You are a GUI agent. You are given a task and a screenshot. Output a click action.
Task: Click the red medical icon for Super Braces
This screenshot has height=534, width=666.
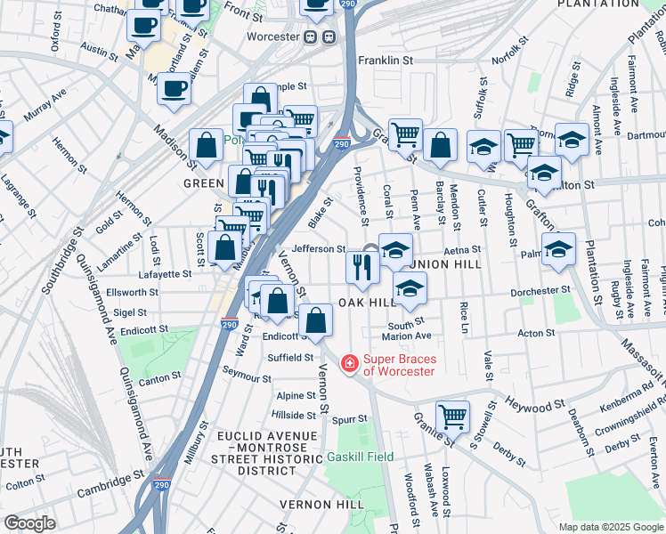pos(350,364)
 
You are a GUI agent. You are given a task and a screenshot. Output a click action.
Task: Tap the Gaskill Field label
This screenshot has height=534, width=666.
pos(360,457)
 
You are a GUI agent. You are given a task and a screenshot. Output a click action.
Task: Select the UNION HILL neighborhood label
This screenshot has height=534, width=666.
pos(446,264)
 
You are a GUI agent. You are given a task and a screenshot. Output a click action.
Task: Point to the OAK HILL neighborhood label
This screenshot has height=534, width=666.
pos(367,303)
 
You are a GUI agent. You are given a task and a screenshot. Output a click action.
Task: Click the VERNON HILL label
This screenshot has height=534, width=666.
pos(321,504)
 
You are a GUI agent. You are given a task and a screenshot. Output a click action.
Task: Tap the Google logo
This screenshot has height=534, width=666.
pos(29,523)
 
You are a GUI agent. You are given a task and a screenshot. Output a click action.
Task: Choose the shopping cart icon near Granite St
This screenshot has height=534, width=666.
pos(452,416)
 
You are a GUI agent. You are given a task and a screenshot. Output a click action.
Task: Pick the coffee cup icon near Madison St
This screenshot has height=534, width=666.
pos(174,90)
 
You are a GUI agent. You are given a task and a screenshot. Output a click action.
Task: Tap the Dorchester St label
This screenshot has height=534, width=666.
pos(540,291)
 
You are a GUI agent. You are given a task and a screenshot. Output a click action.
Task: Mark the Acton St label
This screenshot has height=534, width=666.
pos(536,333)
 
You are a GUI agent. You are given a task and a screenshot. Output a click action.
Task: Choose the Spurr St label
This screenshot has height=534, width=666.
pos(350,418)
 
